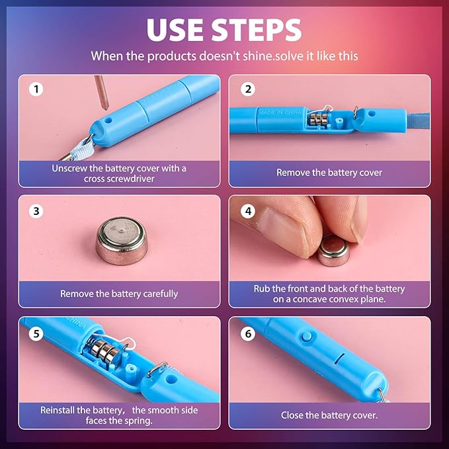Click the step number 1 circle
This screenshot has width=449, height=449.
pos(36,89)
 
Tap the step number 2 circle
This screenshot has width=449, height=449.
pos(248,89)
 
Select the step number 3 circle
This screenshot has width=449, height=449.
pos(36,212)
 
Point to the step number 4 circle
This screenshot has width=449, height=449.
pos(248,212)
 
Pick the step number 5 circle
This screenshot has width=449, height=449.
pos(36,333)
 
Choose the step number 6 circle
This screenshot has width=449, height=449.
pos(248,333)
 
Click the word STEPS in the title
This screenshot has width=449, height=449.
pos(257,30)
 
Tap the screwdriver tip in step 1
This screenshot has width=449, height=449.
pos(106,108)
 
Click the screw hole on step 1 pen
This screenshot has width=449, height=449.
pos(108,120)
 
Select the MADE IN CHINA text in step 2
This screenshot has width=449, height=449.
pos(280,112)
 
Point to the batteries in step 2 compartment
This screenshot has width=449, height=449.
pos(317,120)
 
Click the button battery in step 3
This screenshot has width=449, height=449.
pos(122,241)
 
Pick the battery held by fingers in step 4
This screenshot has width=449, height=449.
pos(333,251)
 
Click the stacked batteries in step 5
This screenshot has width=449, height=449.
pos(104,350)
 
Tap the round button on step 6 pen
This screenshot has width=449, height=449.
pos(306,337)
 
